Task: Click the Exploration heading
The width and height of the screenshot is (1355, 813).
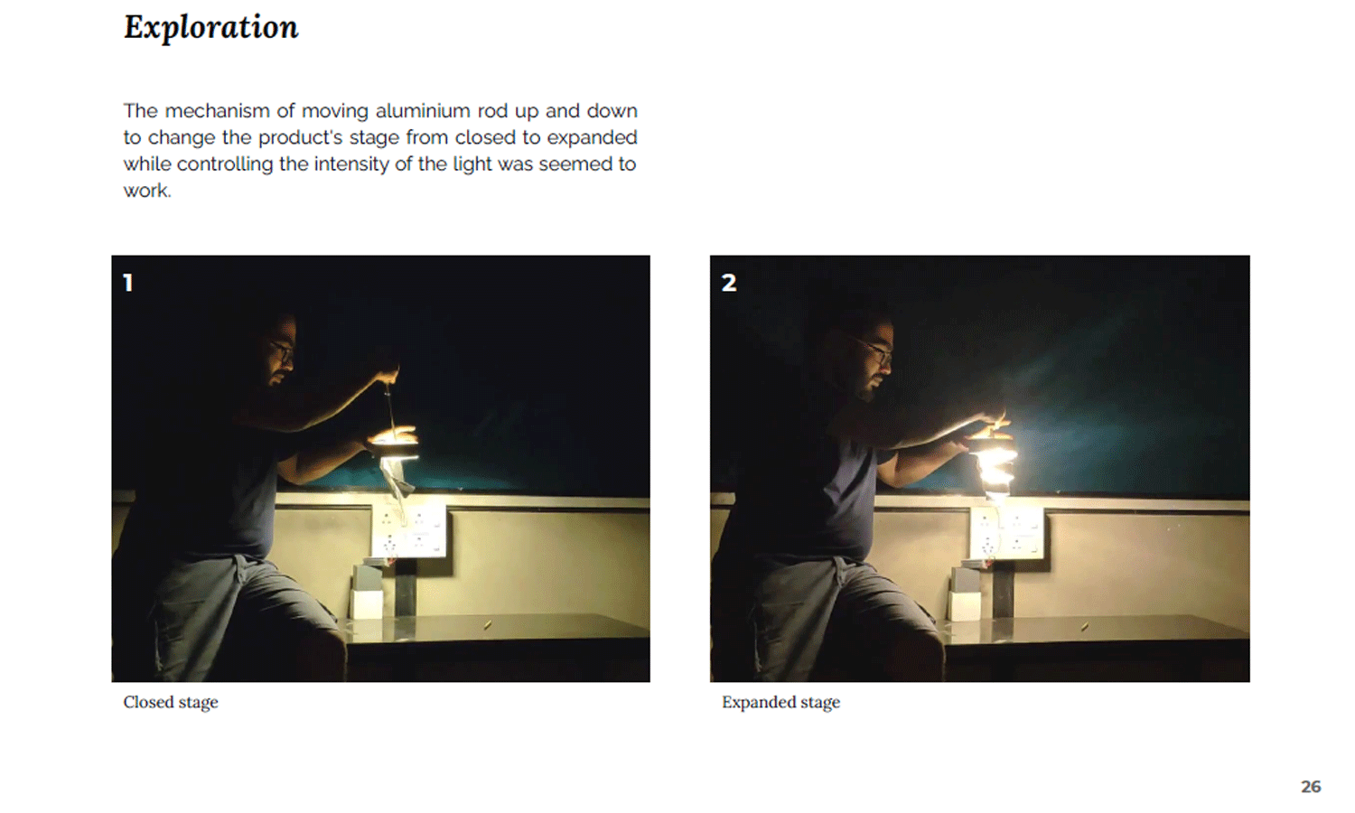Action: click(211, 28)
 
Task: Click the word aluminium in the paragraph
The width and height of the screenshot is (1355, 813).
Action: click(423, 111)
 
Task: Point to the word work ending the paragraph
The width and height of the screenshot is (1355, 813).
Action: click(147, 192)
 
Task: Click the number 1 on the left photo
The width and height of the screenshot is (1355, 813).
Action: click(127, 283)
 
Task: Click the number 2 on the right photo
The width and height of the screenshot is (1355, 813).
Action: click(729, 283)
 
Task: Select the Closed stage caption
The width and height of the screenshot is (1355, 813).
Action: click(171, 702)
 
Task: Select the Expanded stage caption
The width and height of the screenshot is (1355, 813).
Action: click(781, 702)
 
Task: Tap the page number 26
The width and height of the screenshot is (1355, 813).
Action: click(1311, 787)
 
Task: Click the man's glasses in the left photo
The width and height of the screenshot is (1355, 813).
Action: click(282, 350)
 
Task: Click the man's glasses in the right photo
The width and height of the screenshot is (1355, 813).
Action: click(877, 350)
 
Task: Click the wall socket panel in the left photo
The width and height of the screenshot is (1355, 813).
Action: click(408, 531)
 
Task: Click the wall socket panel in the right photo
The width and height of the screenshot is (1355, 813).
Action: click(1006, 532)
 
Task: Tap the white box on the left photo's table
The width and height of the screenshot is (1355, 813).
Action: click(367, 604)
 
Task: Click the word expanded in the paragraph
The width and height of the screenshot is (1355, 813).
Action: click(592, 138)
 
